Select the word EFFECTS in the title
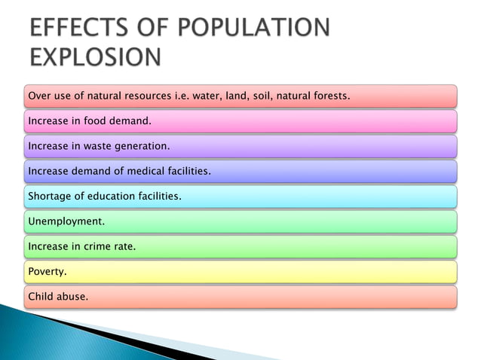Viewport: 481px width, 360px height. [x=72, y=28]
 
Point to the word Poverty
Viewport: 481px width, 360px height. [x=47, y=271]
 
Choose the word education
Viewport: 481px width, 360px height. [x=112, y=197]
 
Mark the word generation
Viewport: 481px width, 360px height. [x=142, y=146]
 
